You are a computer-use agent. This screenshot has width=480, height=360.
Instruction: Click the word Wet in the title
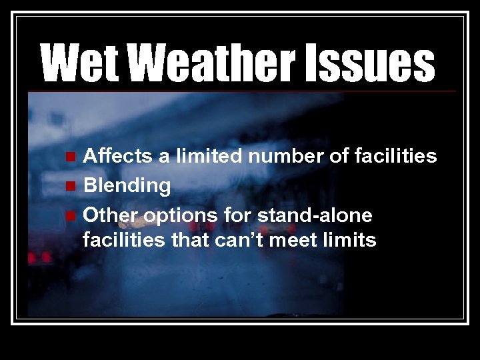tap(83, 63)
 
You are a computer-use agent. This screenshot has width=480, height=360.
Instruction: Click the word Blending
tap(127, 186)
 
